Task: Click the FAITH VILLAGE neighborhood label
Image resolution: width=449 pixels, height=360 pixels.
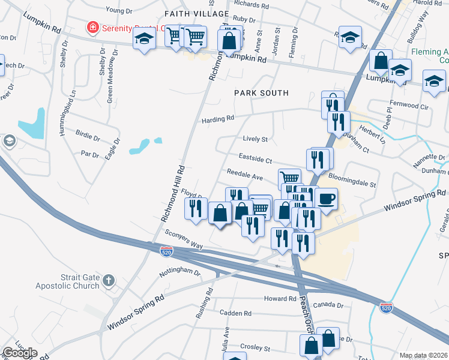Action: click(x=197, y=14)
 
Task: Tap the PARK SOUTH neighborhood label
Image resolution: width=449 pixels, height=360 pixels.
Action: click(x=261, y=93)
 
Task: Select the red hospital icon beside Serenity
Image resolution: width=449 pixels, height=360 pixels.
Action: click(x=92, y=28)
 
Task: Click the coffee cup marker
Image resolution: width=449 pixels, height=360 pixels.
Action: click(x=326, y=199)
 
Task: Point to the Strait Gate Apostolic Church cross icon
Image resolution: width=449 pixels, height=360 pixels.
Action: click(x=108, y=280)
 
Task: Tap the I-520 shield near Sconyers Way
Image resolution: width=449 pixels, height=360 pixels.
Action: click(x=167, y=251)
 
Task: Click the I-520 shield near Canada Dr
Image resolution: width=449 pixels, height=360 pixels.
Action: click(x=386, y=308)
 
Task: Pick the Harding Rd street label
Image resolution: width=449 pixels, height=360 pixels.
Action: click(x=217, y=119)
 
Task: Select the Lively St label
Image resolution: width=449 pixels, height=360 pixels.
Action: click(x=255, y=139)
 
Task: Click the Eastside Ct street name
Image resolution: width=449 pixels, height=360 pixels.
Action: click(x=256, y=161)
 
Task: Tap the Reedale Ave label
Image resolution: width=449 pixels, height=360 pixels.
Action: click(x=245, y=178)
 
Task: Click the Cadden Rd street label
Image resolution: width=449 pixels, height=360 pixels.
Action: click(x=235, y=313)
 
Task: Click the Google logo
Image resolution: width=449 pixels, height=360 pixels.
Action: click(x=20, y=353)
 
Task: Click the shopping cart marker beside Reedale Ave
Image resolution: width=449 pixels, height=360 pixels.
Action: click(x=289, y=178)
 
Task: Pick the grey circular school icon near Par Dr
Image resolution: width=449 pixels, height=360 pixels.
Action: click(x=9, y=141)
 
